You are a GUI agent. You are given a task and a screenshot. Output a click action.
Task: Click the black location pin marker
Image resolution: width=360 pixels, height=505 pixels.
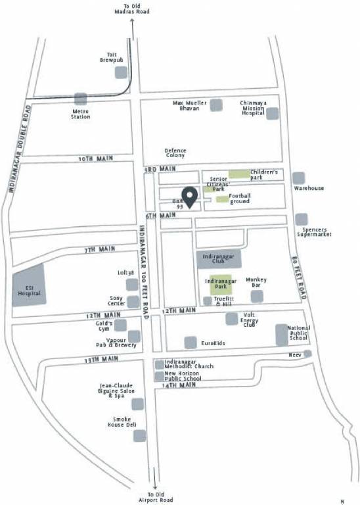tap(190, 197)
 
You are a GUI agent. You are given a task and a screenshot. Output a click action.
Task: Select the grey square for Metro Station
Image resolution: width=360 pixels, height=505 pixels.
tap(81, 99)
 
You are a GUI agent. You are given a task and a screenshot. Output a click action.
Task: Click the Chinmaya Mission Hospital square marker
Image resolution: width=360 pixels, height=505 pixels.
tap(272, 113)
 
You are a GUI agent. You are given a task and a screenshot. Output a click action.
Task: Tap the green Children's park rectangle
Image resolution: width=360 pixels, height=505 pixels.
tap(239, 174)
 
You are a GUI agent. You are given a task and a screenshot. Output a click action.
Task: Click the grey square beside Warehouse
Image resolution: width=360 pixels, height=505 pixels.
tap(299, 178)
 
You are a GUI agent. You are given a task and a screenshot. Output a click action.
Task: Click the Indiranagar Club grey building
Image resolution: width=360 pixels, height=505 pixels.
tap(219, 258)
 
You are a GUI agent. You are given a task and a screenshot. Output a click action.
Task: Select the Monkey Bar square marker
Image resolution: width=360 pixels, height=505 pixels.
tap(256, 297)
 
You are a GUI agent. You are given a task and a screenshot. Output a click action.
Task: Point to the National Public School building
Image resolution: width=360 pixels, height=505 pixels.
tap(282, 334)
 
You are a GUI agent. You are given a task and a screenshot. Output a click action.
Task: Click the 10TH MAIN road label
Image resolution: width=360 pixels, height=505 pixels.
tap(91, 159)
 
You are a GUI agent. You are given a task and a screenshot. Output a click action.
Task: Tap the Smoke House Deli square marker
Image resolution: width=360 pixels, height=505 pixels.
tap(139, 435)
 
